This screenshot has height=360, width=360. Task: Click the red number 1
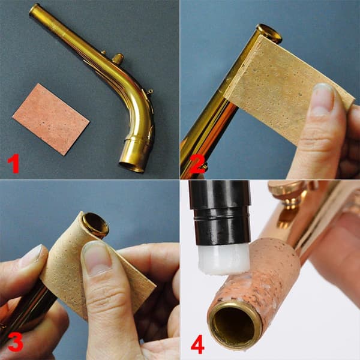click(x=13, y=163)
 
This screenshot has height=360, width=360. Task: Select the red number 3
click(x=15, y=341)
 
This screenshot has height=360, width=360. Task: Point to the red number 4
click(x=197, y=344)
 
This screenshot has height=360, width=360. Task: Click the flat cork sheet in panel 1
click(x=51, y=119)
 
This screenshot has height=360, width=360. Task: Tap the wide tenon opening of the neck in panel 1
click(x=131, y=167)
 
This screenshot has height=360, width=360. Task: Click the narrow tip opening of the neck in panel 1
click(x=34, y=10)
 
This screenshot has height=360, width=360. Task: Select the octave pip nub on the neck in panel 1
click(x=118, y=59)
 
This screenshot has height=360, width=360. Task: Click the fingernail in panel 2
click(x=323, y=98)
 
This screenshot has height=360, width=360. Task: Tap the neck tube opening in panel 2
click(x=269, y=34)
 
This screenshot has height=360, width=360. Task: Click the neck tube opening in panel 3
click(x=95, y=225)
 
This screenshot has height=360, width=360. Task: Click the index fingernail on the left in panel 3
click(x=31, y=256)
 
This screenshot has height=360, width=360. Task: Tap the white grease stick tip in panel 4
click(x=224, y=259)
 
